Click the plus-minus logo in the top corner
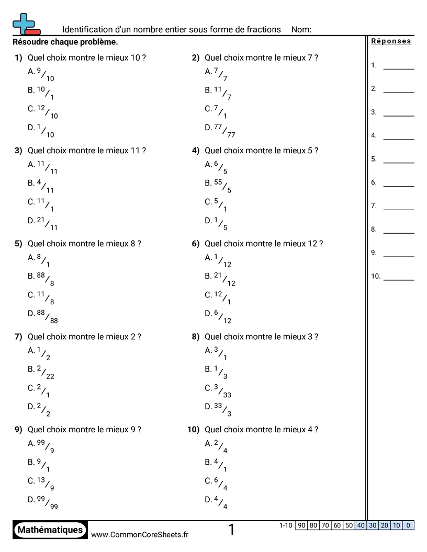tap(25, 24)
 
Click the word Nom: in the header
tap(301, 30)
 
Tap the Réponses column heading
tap(391, 41)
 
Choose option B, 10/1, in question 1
tap(41, 93)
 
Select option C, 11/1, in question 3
tap(41, 204)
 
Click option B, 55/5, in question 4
tap(218, 186)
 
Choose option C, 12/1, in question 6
tap(218, 297)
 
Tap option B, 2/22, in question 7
tap(41, 372)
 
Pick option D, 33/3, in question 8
tap(218, 409)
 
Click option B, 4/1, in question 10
tap(216, 465)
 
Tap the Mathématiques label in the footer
tap(50, 530)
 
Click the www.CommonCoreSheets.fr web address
tap(140, 534)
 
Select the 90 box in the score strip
tap(301, 525)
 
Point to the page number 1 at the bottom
tap(231, 530)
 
